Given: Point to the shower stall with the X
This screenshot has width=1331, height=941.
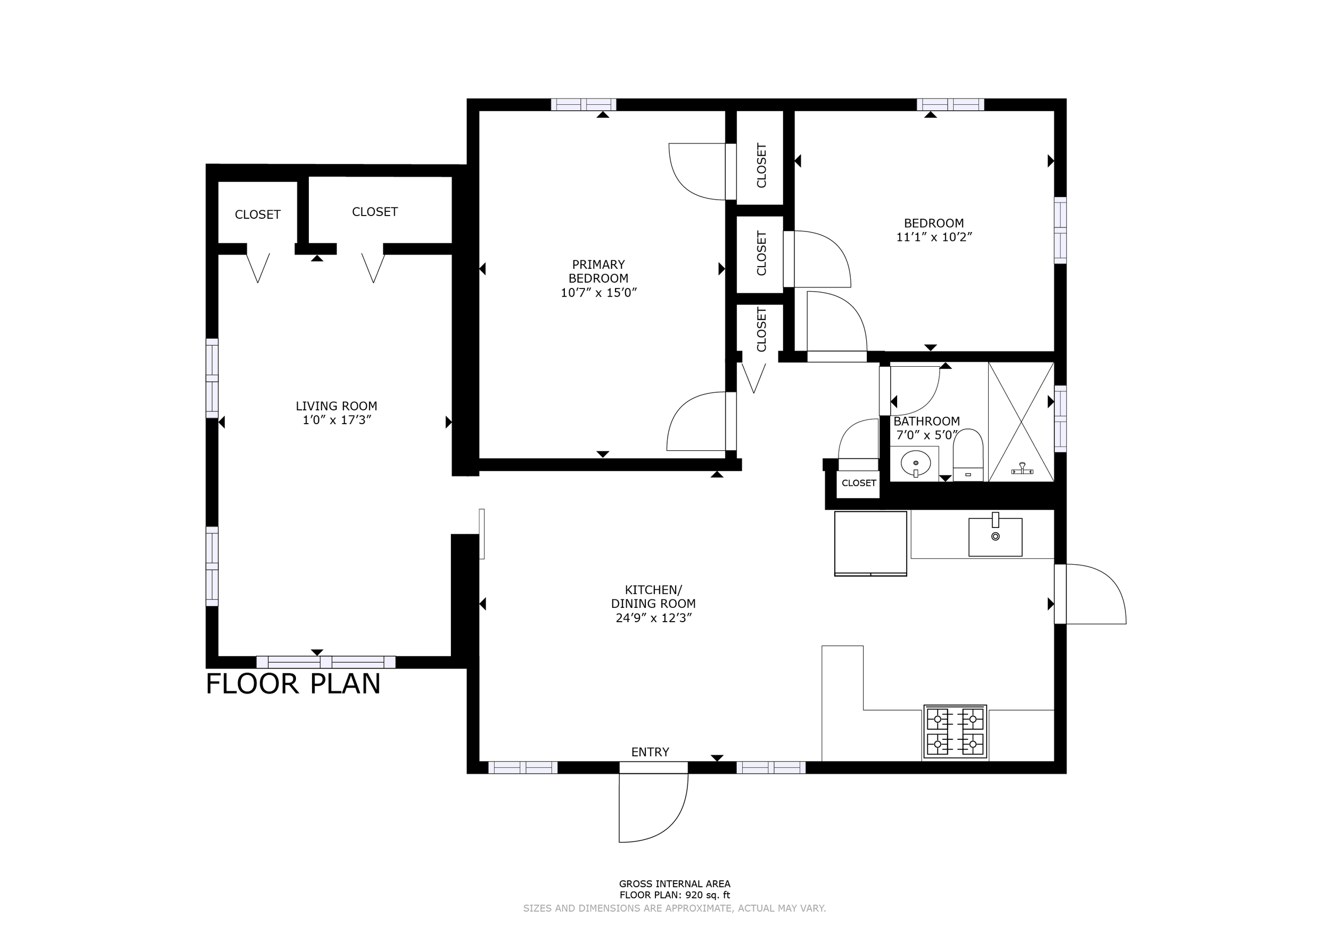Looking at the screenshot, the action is [1021, 422].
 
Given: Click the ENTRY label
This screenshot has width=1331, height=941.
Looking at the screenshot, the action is [650, 752].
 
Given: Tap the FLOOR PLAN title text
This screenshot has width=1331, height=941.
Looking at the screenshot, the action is [293, 684].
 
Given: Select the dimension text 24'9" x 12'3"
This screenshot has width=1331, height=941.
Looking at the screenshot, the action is [654, 618].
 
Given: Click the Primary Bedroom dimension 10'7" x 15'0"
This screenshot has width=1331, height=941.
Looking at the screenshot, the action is [599, 293].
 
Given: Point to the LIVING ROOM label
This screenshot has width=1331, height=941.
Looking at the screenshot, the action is [336, 406].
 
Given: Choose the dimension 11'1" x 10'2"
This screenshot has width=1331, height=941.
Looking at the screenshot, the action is [934, 237].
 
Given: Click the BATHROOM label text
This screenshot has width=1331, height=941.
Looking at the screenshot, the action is [926, 421].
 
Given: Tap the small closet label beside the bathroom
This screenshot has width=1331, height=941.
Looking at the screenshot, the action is [859, 483].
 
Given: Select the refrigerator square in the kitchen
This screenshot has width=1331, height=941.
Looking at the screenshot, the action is [870, 543].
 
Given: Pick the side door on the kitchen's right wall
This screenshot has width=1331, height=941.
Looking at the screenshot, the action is [1090, 594].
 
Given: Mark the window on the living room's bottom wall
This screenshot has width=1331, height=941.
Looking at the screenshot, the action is [326, 662].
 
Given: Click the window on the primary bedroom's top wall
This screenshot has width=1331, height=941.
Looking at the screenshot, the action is [583, 105].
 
